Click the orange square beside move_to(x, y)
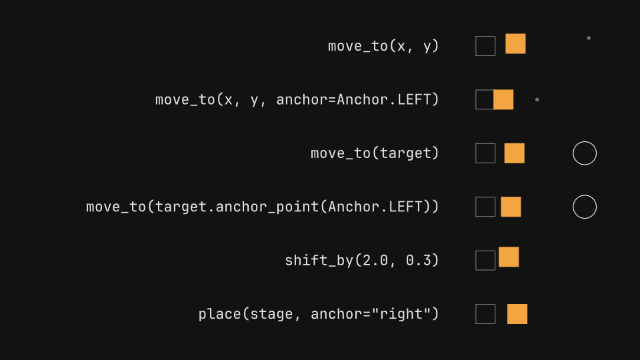point(515,44)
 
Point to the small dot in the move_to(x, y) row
point(589,38)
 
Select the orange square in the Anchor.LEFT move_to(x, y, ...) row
point(503,99)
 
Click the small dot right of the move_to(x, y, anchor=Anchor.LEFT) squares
point(537,99)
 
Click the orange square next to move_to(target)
point(514,153)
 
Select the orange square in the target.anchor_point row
point(511,207)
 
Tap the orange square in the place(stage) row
point(517,314)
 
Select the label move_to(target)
point(375,153)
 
